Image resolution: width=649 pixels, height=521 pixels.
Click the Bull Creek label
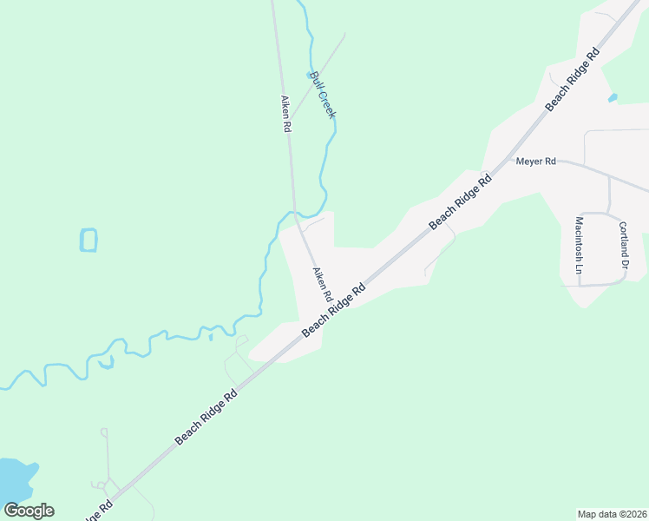(323, 95)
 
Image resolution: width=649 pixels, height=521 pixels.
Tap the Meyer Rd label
(535, 162)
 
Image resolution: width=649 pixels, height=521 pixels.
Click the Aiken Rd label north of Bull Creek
(285, 114)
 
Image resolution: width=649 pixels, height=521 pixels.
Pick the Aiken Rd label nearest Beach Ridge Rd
(323, 285)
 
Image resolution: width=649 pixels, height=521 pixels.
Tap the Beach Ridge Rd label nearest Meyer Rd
(461, 201)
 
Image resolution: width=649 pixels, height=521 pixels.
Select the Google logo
(29, 511)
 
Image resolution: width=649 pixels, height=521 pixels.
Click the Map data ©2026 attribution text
(612, 513)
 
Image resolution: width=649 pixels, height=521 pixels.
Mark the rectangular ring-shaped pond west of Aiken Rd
(88, 240)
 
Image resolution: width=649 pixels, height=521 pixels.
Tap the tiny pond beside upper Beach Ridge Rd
(613, 97)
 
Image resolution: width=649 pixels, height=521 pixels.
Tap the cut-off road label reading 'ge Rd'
(99, 508)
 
